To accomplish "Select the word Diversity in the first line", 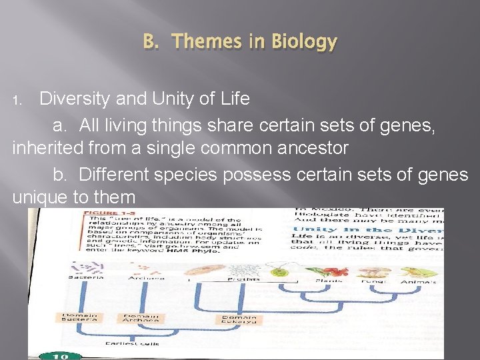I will point(75,99).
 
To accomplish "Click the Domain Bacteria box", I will point(80,318).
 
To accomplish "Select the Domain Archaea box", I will point(140,318).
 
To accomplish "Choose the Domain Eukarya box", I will point(239,319).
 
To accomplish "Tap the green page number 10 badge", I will point(59,355).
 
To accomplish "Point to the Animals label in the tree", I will point(437,281).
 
